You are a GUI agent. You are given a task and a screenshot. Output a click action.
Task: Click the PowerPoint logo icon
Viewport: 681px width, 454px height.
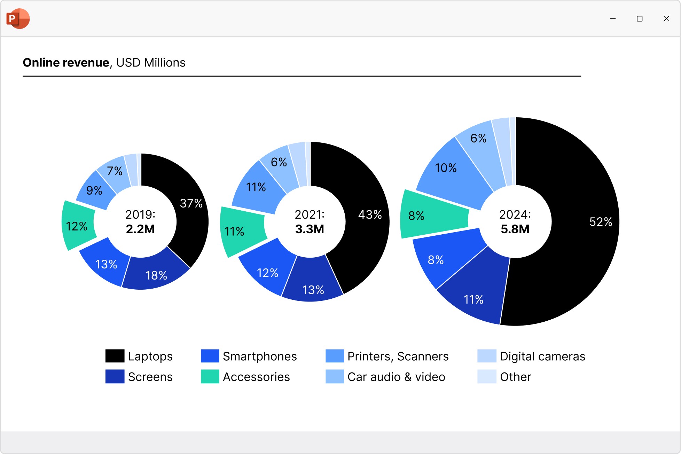click(18, 18)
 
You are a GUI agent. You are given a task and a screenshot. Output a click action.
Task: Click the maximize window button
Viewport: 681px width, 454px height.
click(639, 19)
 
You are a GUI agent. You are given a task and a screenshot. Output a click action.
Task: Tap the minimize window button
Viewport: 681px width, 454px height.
click(613, 19)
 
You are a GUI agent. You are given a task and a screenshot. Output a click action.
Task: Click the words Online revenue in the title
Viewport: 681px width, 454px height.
click(66, 63)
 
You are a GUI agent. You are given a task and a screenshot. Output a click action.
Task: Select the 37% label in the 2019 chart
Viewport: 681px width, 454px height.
click(191, 203)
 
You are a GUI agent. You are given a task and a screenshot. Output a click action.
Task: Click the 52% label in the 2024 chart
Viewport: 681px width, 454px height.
click(601, 222)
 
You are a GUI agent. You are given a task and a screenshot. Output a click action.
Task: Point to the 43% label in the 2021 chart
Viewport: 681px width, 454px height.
click(370, 214)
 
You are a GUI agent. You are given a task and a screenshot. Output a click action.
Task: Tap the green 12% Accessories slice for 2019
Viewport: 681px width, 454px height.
click(77, 226)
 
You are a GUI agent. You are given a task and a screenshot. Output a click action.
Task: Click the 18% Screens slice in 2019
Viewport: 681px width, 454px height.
click(156, 275)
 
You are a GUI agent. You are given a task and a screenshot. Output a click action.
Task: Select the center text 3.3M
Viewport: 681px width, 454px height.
click(310, 229)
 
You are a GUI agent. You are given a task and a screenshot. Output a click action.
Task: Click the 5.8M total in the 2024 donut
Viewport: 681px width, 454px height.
click(515, 229)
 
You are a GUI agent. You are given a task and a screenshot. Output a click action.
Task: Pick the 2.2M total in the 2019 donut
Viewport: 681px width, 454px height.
click(140, 229)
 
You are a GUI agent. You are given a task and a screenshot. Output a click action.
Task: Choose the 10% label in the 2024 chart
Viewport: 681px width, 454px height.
click(446, 168)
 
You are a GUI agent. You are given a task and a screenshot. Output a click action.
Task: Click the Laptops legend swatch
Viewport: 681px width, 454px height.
click(115, 356)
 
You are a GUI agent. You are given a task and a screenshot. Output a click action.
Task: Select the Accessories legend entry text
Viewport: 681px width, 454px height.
click(256, 377)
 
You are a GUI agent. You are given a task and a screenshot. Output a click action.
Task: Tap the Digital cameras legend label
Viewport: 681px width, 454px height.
click(542, 356)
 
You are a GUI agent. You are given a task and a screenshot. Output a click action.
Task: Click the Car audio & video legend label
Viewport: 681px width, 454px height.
click(396, 377)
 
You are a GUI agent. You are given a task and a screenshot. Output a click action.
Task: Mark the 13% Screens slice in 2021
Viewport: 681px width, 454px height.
click(313, 290)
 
